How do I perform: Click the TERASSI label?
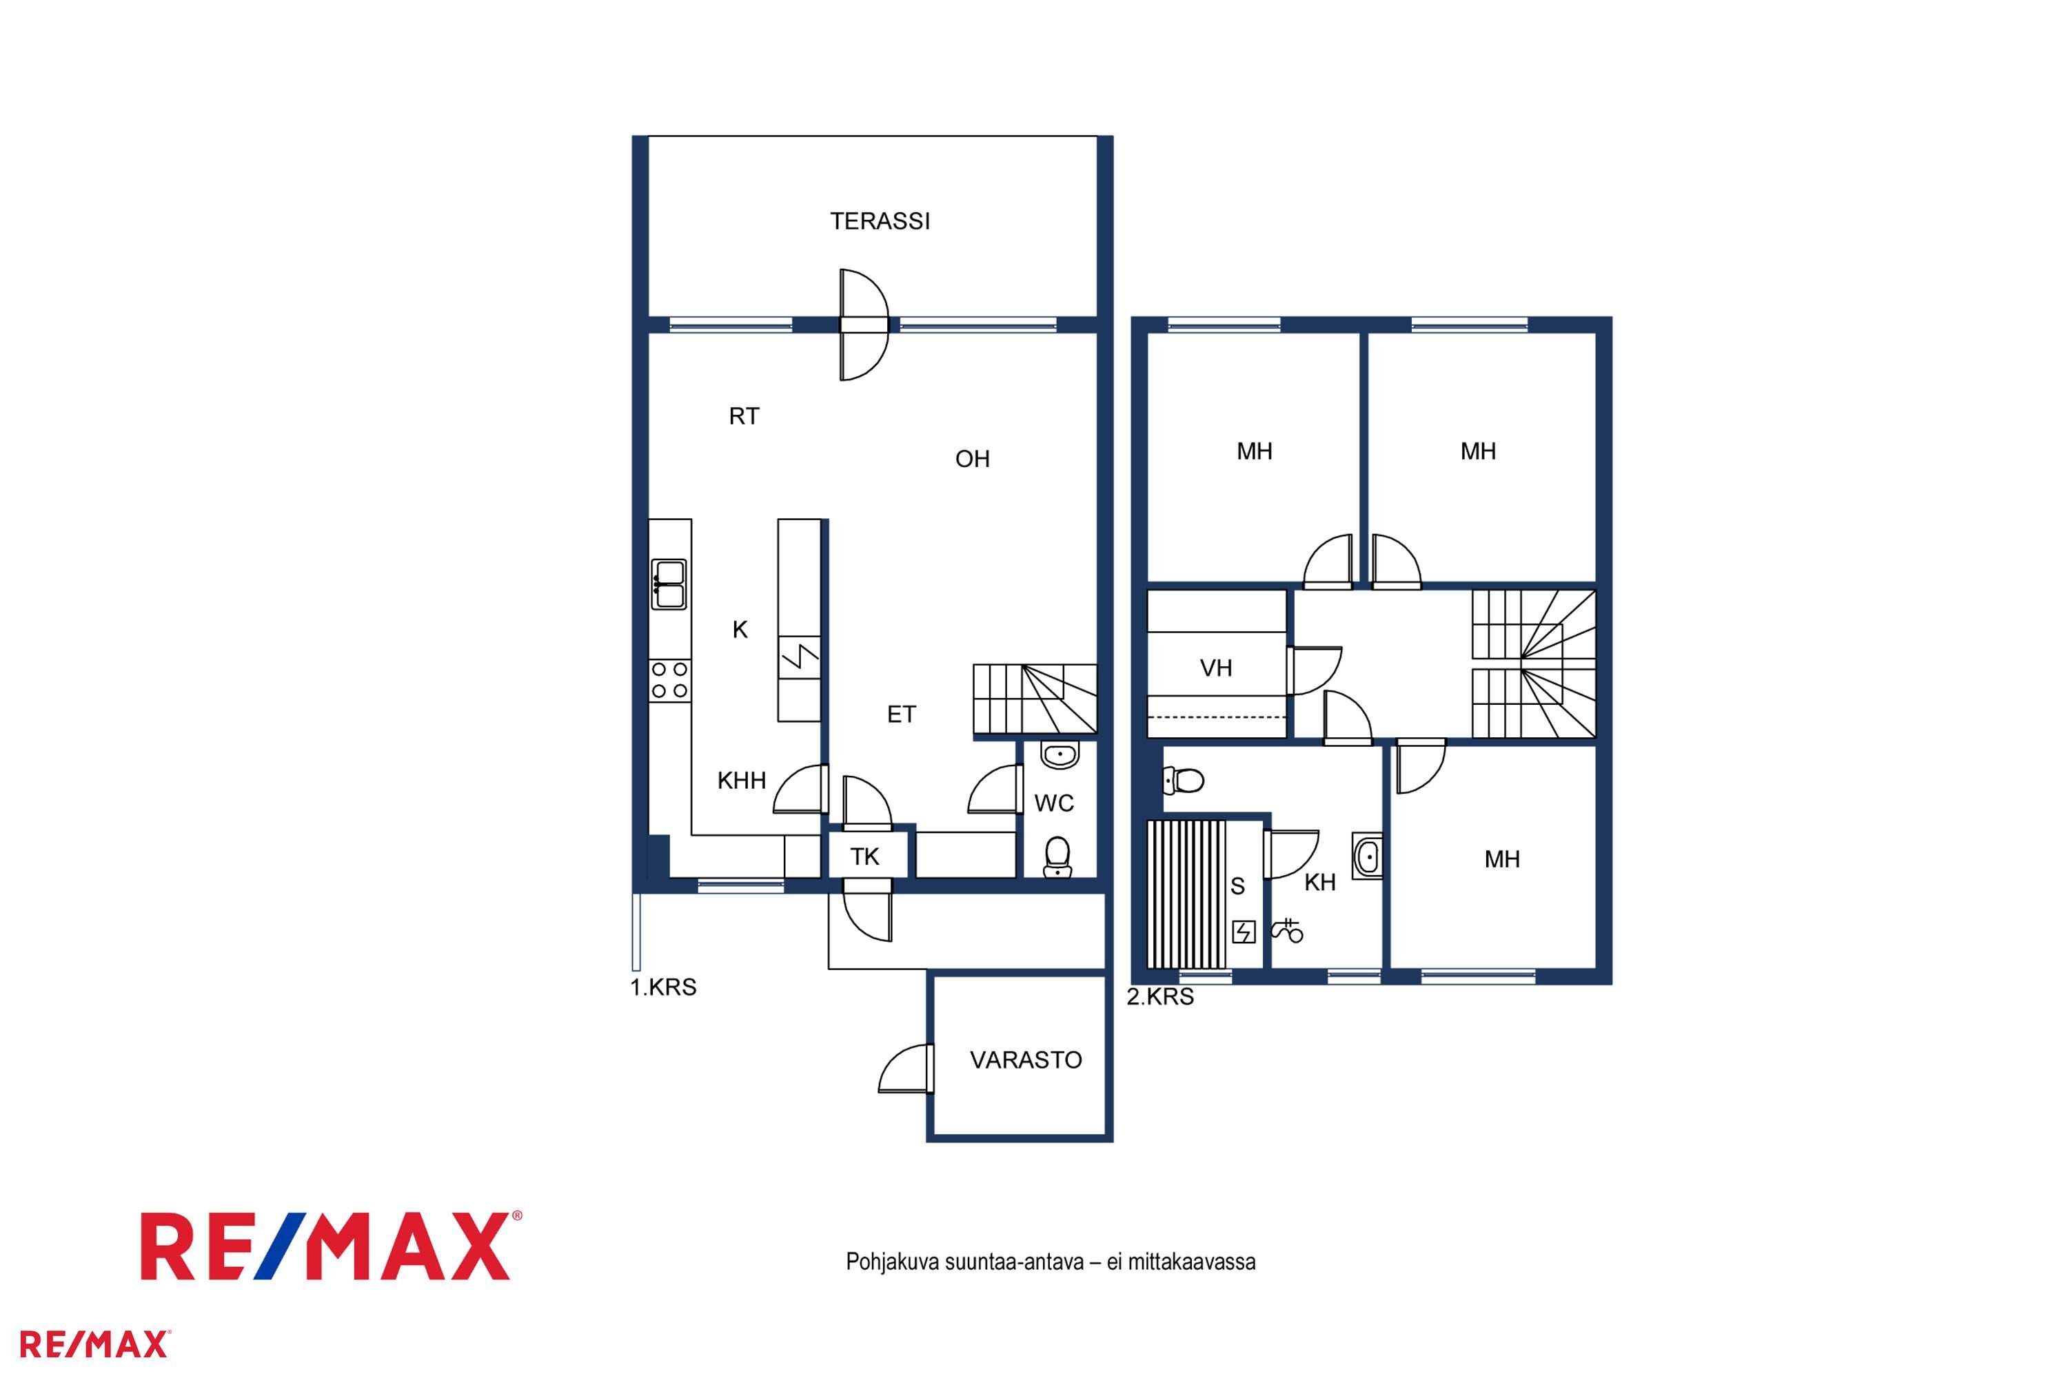point(880,220)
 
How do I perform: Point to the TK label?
point(865,857)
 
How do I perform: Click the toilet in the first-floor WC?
point(1057,857)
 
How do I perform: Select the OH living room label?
point(973,459)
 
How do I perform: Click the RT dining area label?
point(744,417)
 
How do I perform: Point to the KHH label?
point(741,781)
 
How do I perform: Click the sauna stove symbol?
point(1244,932)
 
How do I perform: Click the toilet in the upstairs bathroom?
point(1184,779)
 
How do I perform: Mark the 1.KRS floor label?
point(663,988)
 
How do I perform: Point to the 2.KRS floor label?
point(1161,996)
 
